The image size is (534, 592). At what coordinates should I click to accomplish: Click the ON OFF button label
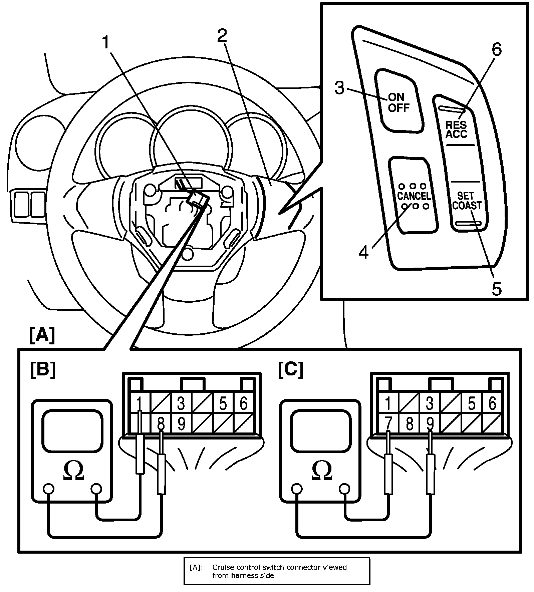398,102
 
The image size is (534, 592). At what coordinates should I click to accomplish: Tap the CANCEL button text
414,196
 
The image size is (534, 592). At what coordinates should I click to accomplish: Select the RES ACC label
457,129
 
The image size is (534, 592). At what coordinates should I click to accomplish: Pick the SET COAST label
467,201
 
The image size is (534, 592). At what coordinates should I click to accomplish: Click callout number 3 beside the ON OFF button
339,88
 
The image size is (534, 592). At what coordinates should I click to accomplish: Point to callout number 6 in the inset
496,50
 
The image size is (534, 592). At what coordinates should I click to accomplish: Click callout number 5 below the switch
497,289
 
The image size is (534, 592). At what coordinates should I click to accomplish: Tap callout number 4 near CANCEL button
363,252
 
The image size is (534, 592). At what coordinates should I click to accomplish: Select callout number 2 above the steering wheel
222,36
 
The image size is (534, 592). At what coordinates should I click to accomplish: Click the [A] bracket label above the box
42,336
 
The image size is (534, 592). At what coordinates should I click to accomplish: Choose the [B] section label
43,370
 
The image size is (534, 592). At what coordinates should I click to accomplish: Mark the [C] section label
291,370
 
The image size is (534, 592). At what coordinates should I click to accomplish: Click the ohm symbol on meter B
73,472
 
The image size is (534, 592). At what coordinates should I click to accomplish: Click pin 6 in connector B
244,404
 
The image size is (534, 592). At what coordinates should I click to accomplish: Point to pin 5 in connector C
471,404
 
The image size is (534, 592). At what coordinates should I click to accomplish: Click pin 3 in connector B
181,404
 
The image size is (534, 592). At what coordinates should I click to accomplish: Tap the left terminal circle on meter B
49,489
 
